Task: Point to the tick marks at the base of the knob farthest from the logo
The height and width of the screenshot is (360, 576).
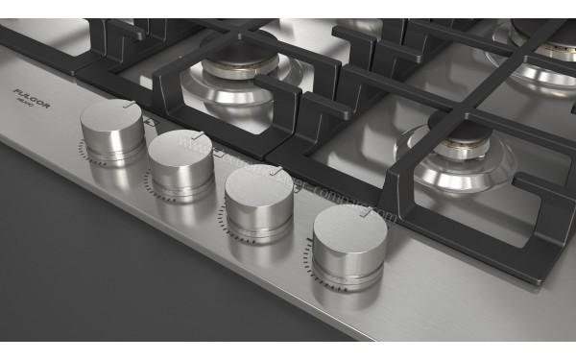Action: pos(310,257)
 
